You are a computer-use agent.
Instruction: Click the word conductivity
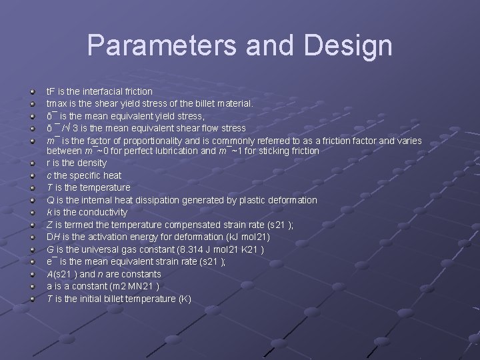(x=104, y=212)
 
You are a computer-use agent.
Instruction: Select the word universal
(x=98, y=249)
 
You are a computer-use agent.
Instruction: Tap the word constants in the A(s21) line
(x=142, y=274)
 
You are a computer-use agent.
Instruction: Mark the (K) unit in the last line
(x=184, y=299)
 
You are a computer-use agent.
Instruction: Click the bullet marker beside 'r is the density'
(x=33, y=163)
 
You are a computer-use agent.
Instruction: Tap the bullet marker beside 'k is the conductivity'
(x=33, y=213)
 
